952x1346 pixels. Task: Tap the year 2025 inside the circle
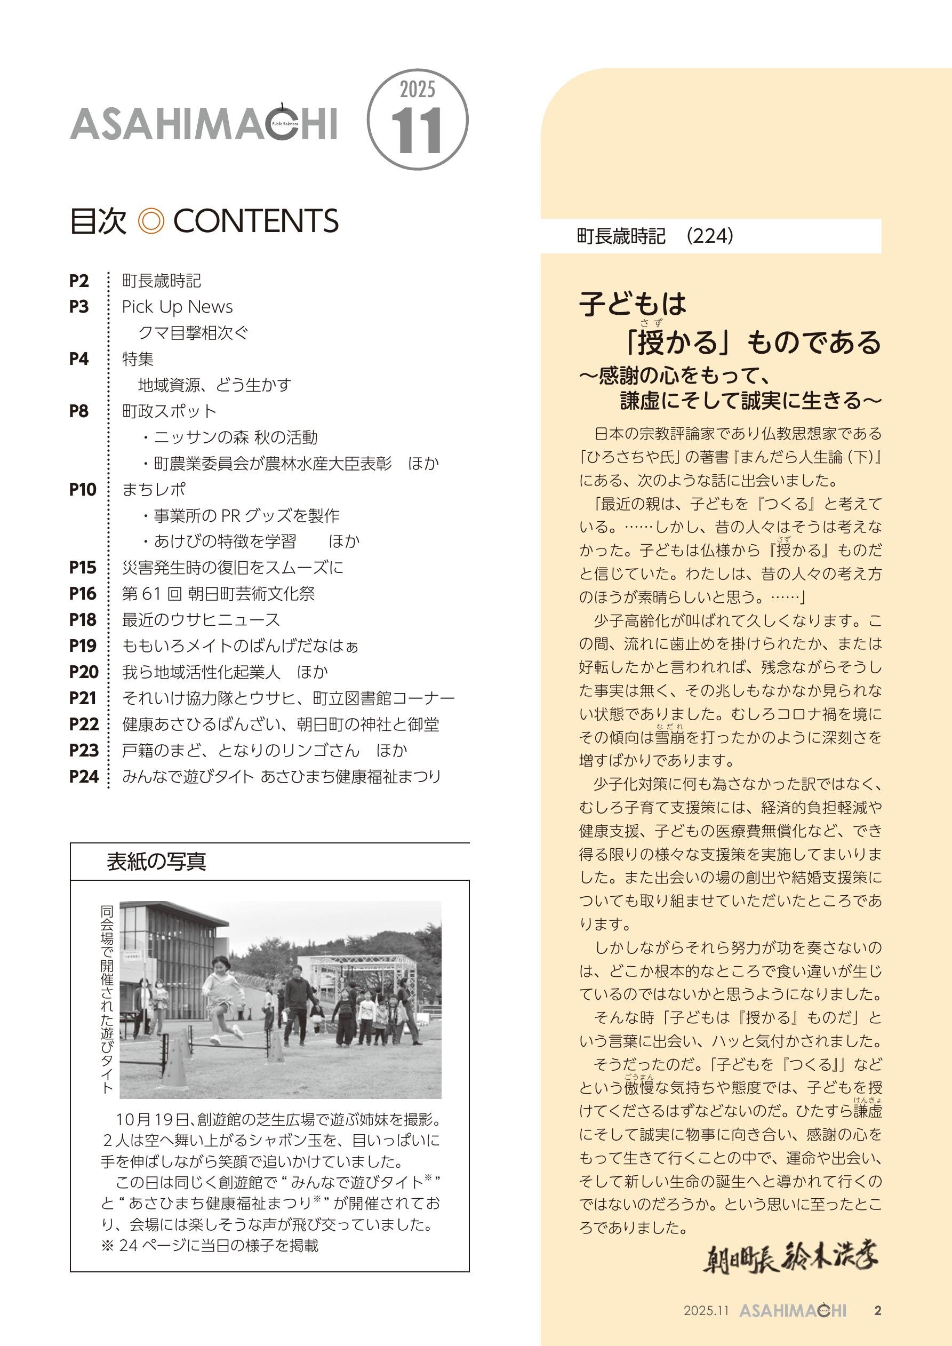418,90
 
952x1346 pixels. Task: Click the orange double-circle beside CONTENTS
150,221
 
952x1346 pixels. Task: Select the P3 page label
79,307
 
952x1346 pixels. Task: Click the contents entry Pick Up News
177,307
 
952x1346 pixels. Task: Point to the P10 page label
83,490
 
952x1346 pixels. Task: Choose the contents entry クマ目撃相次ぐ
194,333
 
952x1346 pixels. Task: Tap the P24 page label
83,776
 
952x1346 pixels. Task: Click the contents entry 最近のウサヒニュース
201,620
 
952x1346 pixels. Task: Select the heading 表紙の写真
156,862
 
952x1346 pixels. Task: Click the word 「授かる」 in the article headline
680,343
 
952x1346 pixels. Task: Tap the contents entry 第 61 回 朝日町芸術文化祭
218,593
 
